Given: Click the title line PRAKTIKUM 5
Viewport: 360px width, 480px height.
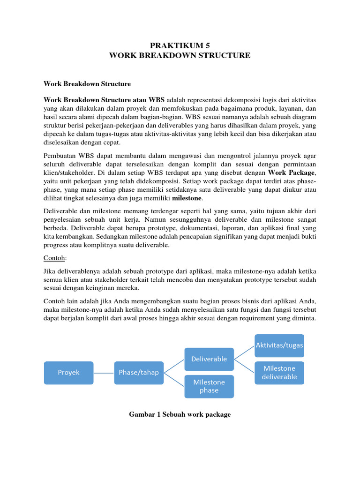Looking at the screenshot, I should (x=180, y=45).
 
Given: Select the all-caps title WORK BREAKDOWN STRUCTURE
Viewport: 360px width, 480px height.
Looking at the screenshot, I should (x=180, y=56).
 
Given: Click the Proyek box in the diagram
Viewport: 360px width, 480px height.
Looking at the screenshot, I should (x=69, y=373).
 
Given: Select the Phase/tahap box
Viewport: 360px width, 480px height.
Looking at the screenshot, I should (x=138, y=373).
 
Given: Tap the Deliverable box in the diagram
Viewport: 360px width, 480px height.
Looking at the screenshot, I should (x=209, y=359).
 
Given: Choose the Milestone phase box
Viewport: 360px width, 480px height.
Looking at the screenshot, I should (x=209, y=386).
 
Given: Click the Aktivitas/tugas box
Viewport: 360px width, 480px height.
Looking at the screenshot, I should (x=279, y=345).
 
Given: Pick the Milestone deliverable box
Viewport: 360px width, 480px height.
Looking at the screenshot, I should (x=279, y=373).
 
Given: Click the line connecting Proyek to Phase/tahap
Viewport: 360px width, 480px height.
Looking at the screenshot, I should (x=104, y=373).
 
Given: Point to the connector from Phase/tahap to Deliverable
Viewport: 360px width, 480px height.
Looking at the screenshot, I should (x=174, y=366).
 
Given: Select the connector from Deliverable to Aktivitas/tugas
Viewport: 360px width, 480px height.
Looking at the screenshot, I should (x=244, y=352).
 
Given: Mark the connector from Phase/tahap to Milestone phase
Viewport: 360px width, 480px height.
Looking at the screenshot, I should (x=174, y=379).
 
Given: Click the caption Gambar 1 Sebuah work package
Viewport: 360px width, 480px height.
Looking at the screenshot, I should (x=180, y=415).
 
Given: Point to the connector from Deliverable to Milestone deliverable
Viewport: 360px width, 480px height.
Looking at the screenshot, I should (x=244, y=366).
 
